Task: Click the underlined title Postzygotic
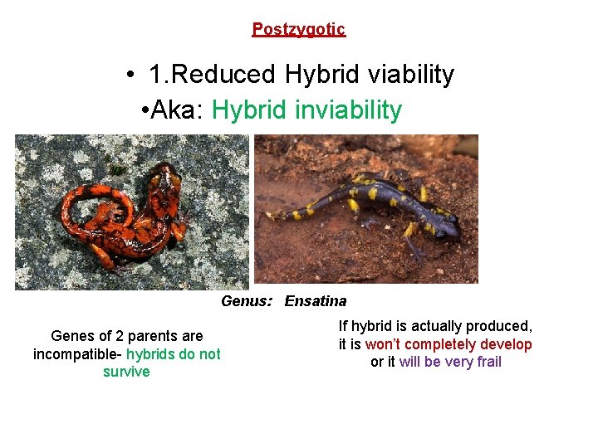point(298,29)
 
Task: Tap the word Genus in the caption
point(246,301)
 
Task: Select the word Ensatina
point(316,301)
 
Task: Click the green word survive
point(126,372)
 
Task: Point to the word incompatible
point(75,354)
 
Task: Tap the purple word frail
point(487,362)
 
